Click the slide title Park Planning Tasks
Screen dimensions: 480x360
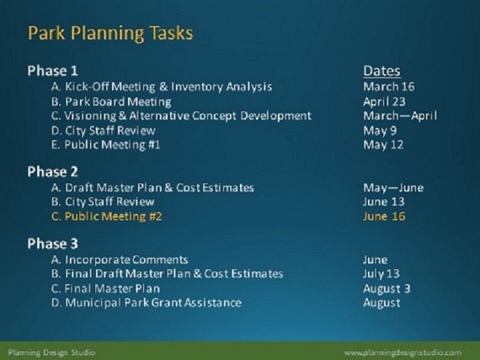click(110, 33)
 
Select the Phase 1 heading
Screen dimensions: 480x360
click(52, 71)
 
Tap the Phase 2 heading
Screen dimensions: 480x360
click(52, 172)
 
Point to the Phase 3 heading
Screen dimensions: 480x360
click(52, 244)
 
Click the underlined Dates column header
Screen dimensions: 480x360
click(382, 71)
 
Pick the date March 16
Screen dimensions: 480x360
click(389, 86)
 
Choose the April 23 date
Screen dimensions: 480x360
click(384, 102)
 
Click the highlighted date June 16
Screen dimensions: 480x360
click(384, 216)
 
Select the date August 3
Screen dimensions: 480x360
click(386, 289)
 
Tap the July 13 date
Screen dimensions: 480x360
click(381, 274)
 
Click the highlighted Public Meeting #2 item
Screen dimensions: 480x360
click(107, 217)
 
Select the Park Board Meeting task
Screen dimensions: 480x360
click(111, 102)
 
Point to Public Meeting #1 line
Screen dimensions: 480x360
click(105, 144)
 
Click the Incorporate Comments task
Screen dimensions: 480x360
click(119, 260)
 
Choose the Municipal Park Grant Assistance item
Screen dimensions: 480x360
click(146, 303)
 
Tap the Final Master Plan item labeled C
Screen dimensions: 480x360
click(105, 288)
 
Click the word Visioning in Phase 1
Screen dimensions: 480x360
click(90, 116)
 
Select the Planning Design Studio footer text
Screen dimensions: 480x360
click(52, 353)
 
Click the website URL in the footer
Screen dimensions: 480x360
click(402, 353)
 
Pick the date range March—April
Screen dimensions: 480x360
click(400, 116)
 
